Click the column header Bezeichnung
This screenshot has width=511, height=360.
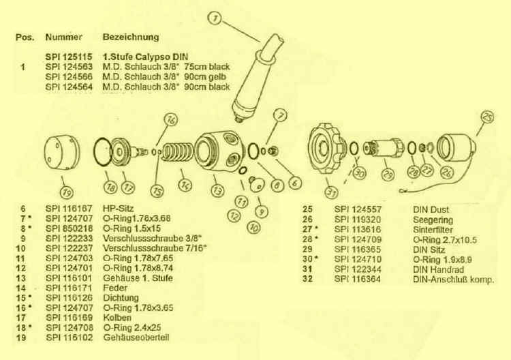pos(131,37)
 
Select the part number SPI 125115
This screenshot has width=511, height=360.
pos(69,57)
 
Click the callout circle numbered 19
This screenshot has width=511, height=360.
pos(67,193)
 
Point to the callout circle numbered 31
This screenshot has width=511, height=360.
pos(331,193)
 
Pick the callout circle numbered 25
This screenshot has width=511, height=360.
pos(487,117)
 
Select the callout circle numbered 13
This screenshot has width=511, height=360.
pos(217,190)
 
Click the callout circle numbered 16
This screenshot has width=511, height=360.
pos(171,120)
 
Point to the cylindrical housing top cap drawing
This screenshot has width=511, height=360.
pos(62,152)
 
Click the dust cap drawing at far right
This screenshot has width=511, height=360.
pos(456,148)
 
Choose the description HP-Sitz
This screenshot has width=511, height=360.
pos(119,209)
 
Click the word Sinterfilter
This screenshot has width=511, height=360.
pos(433,230)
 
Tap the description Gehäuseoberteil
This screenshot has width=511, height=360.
pos(136,337)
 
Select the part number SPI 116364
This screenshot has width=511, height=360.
pos(358,279)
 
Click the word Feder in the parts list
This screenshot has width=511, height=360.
pos(115,288)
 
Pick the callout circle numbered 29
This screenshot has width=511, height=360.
pos(388,175)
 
